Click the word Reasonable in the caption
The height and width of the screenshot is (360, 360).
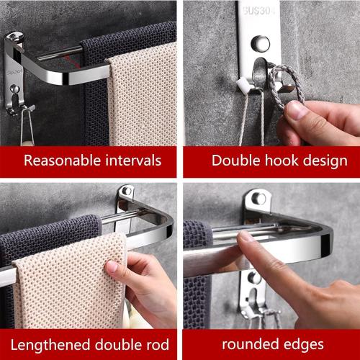[x=58, y=160]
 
